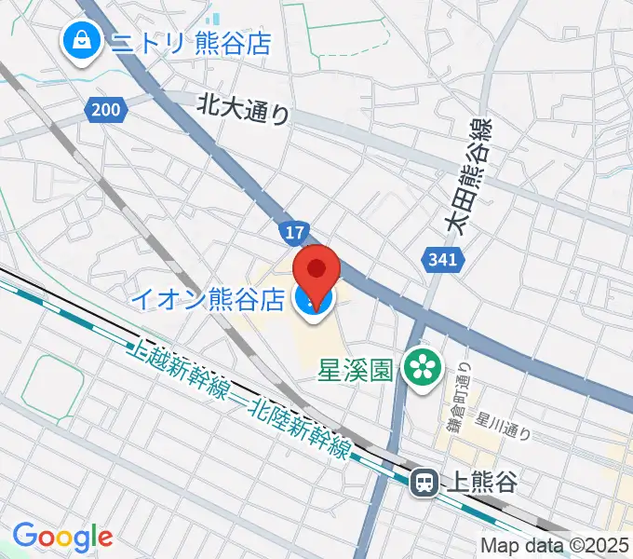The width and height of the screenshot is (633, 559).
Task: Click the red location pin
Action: (316, 271)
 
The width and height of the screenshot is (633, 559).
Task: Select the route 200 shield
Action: (106, 110)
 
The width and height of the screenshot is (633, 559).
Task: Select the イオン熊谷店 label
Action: (206, 299)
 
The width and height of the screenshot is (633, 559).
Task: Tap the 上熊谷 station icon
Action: (424, 482)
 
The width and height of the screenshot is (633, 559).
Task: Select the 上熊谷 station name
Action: (481, 482)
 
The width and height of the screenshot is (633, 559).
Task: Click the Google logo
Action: (62, 537)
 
